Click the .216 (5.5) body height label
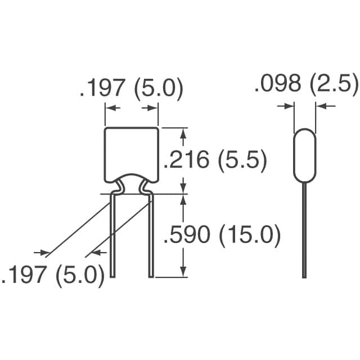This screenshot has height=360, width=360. coord(214,161)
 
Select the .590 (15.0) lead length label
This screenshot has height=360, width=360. coord(221,236)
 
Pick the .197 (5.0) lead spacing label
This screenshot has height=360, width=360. coord(53,276)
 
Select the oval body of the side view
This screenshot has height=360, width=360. coord(304,156)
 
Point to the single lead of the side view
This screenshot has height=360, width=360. coord(304,231)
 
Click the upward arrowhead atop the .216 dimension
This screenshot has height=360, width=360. coord(182,132)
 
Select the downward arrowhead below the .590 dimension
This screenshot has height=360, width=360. coord(182,272)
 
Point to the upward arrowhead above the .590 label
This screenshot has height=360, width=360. coord(182,199)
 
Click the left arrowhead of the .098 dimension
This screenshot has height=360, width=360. coord(289,105)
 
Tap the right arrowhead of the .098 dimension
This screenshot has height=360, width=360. coord(319,105)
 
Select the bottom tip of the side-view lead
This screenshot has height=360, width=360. coord(304,276)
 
